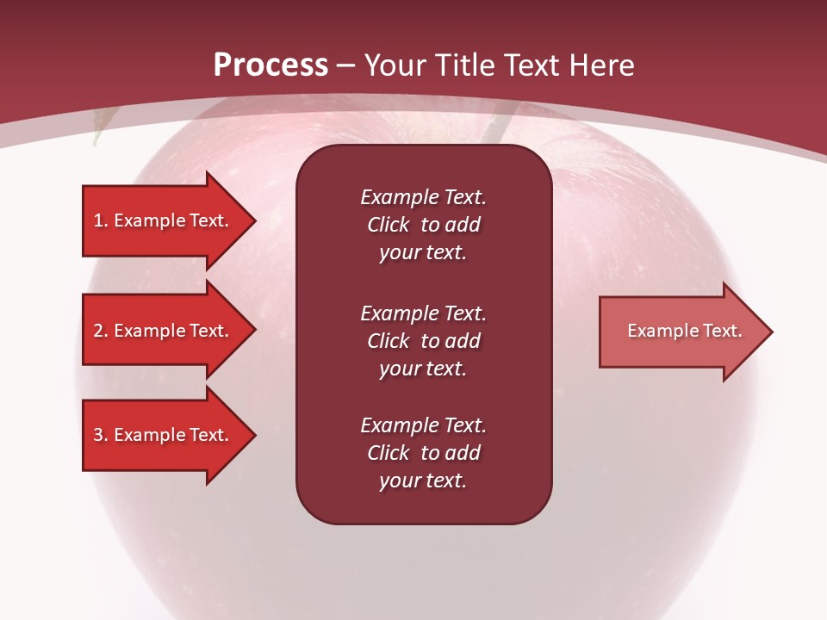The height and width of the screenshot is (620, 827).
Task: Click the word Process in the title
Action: [x=270, y=65]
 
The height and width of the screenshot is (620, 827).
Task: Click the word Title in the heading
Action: [x=463, y=65]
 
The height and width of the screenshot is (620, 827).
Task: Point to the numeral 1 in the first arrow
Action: [x=98, y=220]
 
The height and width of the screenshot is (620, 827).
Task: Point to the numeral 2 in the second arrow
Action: [x=98, y=331]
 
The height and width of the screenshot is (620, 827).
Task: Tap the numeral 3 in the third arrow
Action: [x=98, y=435]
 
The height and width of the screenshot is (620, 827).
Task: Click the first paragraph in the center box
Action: [x=423, y=225]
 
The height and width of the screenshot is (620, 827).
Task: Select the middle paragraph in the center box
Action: [x=423, y=341]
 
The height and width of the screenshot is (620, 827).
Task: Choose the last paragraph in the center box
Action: [x=423, y=453]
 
